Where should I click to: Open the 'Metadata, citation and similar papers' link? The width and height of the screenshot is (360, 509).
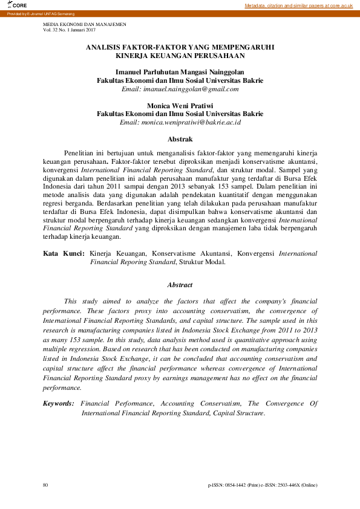[298, 5]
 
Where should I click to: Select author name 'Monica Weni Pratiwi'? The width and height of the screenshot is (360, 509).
[180, 105]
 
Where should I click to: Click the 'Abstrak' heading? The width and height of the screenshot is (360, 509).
[180, 139]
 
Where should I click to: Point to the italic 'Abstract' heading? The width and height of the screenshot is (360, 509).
[180, 285]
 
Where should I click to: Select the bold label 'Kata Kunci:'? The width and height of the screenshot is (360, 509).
[64, 254]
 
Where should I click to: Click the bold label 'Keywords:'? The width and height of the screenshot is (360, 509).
[59, 403]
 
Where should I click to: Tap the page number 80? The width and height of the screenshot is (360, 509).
[46, 485]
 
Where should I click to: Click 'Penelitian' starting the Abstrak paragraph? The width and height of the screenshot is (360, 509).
[78, 154]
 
